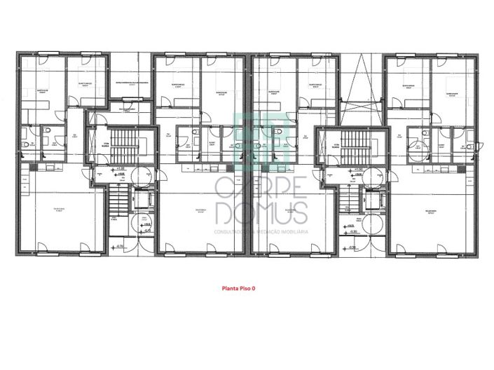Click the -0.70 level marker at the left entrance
click(121, 247)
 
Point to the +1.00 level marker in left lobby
click(121, 169)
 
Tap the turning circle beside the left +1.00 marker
click(137, 174)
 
